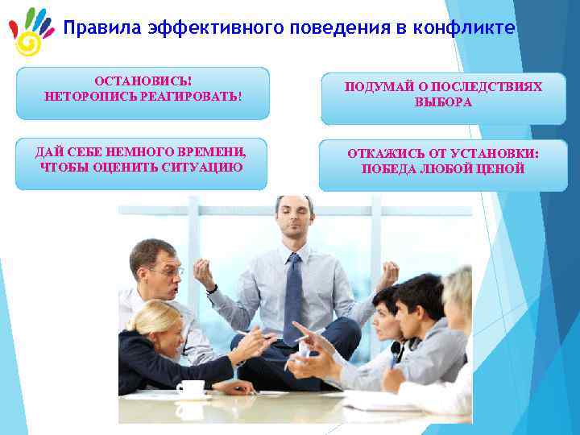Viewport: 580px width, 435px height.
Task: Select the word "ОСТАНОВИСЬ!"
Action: click(143, 82)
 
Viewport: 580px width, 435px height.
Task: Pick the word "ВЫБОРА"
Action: click(443, 103)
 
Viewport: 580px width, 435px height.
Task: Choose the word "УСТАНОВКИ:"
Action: click(496, 153)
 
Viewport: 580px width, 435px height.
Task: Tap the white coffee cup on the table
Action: click(191, 388)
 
